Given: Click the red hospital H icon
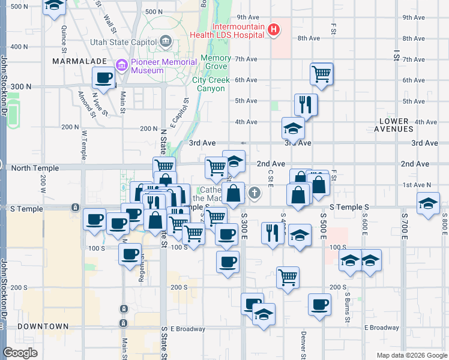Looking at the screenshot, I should pyautogui.click(x=274, y=29).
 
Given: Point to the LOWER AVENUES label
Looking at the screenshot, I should pyautogui.click(x=394, y=125).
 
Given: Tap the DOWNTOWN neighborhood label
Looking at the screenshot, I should pyautogui.click(x=43, y=326).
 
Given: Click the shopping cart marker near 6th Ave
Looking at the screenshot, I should pyautogui.click(x=322, y=74).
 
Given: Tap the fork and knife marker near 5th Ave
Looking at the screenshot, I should pyautogui.click(x=306, y=104).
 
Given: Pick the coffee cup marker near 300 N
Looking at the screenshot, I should pyautogui.click(x=104, y=78).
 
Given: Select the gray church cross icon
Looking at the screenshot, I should pyautogui.click(x=255, y=193).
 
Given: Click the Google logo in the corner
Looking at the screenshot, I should pyautogui.click(x=20, y=353).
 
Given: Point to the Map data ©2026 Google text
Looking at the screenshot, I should pyautogui.click(x=411, y=355).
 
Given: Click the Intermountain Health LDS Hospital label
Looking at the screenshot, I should pyautogui.click(x=228, y=31).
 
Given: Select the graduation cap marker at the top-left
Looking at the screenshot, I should pyautogui.click(x=55, y=6).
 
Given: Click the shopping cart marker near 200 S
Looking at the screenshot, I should pyautogui.click(x=288, y=277).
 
